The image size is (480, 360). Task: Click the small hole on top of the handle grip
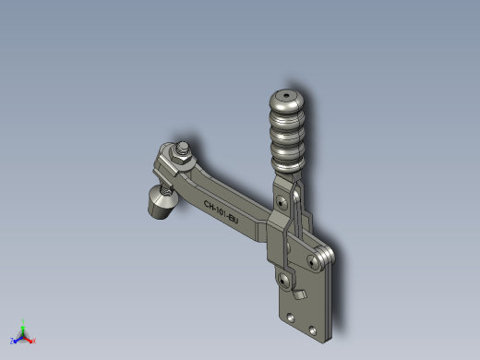[x=286, y=96]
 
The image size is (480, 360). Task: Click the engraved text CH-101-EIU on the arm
[x=221, y=212]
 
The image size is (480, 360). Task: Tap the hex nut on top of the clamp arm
[x=181, y=157]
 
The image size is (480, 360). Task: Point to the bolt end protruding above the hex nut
[x=183, y=147]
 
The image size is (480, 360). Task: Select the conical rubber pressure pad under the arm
[x=162, y=203]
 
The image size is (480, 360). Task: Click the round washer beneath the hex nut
[x=182, y=162]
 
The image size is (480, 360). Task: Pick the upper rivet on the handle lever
[x=281, y=202]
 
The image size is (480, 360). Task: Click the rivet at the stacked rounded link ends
[x=313, y=262]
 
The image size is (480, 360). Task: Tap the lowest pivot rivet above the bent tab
[x=282, y=281]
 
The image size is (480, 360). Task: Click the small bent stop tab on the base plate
[x=299, y=294]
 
